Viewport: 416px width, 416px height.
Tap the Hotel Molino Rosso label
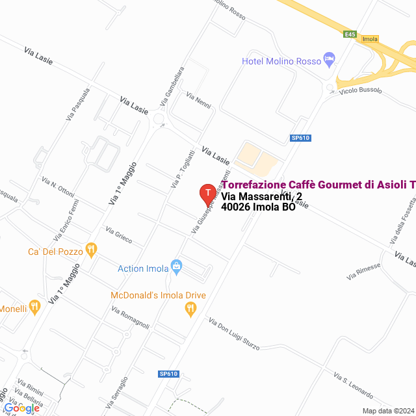tap(281, 61)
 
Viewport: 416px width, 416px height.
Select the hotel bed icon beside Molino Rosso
tap(330, 60)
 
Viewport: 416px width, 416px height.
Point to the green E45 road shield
tap(350, 34)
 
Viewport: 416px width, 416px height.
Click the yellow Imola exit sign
tap(370, 39)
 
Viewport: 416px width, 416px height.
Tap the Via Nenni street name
tap(198, 104)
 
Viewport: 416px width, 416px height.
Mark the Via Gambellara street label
tap(172, 86)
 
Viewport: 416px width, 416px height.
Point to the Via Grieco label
tap(118, 235)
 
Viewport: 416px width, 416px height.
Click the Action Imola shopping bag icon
tap(175, 266)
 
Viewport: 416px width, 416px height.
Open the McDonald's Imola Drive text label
tap(159, 295)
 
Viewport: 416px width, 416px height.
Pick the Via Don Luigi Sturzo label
tap(233, 333)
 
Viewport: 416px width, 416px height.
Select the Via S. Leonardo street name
tap(353, 385)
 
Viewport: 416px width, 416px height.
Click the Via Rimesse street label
tap(363, 271)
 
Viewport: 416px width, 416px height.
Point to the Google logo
tap(21, 408)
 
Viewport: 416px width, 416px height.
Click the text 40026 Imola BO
tap(258, 208)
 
